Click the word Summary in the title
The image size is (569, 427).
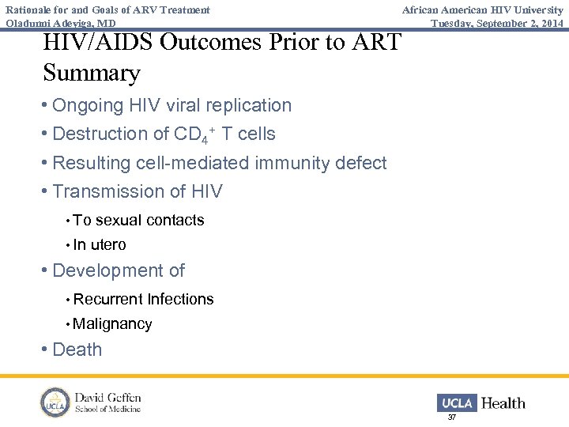coord(92,74)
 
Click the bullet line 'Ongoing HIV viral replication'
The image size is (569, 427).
coord(171,105)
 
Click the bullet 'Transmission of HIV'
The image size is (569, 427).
coord(138,191)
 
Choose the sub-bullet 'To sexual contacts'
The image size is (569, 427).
coord(138,221)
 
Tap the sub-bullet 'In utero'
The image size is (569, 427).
coord(100,245)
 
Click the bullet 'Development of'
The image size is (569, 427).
coord(118,270)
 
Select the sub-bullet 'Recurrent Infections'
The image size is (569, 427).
coord(143,299)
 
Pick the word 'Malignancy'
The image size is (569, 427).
coord(112,324)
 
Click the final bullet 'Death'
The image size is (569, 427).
coord(77,350)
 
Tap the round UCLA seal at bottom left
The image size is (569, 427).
coord(55,402)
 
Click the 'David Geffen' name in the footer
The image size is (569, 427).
coord(107,397)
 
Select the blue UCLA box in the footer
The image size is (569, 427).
coord(457,403)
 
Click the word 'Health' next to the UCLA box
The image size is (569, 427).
coord(503,403)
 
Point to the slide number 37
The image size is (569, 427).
coord(452,417)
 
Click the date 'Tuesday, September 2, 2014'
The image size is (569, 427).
coord(497,23)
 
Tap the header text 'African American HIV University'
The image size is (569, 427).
coord(482,10)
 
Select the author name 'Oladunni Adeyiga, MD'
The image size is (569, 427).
coord(61,23)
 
